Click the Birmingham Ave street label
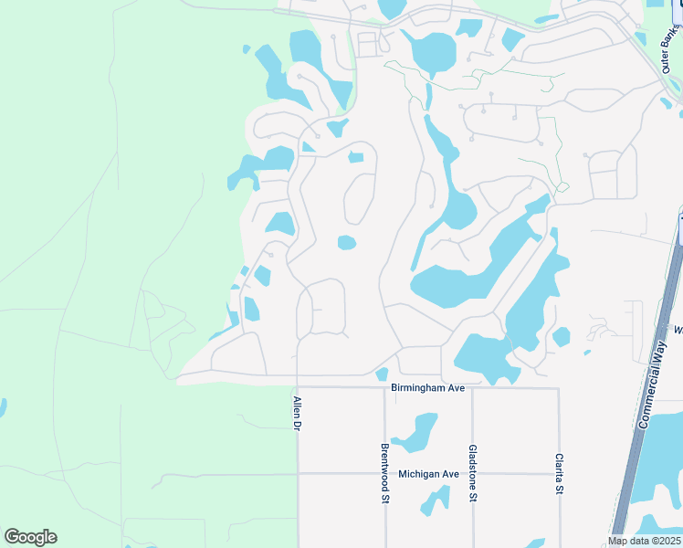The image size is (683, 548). [x=428, y=388]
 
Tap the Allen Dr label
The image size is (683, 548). [x=297, y=414]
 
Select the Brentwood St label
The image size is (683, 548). [x=384, y=473]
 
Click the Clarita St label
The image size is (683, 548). [x=558, y=474]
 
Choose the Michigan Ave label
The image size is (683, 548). [x=428, y=474]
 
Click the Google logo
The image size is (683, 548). [x=30, y=537]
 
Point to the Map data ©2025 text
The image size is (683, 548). [x=645, y=541]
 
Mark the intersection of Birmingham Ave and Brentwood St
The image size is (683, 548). [x=384, y=388]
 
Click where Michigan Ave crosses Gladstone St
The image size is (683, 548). [x=472, y=474]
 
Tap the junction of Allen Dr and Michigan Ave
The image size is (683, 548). [x=298, y=474]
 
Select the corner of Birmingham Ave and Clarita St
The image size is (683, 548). [x=558, y=388]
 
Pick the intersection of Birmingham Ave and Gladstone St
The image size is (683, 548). [x=472, y=388]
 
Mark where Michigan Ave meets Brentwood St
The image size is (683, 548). [x=384, y=474]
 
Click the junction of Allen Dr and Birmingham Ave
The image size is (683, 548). [x=298, y=388]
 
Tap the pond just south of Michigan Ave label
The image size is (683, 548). [x=435, y=500]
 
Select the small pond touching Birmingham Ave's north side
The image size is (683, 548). [x=382, y=374]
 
